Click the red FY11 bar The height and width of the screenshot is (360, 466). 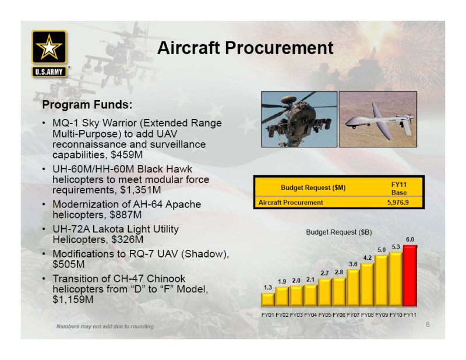(x=410, y=276)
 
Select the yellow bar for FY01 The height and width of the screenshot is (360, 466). (x=268, y=299)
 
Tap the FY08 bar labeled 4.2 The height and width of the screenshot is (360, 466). (x=368, y=285)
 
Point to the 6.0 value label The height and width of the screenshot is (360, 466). (x=410, y=239)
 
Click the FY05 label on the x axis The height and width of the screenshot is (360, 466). (x=325, y=315)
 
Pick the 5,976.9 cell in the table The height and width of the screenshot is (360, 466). (x=398, y=203)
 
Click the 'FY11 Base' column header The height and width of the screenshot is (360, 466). (x=399, y=189)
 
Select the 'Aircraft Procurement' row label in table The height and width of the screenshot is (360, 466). (x=291, y=203)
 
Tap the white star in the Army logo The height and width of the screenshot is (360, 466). (x=49, y=47)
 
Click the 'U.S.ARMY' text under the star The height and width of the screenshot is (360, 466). (x=49, y=72)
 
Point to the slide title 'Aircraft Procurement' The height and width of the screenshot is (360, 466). (x=245, y=48)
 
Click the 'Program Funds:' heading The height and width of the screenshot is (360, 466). (x=87, y=105)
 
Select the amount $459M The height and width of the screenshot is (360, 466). (x=127, y=155)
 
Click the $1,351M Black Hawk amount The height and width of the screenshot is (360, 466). (x=140, y=190)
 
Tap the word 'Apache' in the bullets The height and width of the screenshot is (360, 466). (x=183, y=204)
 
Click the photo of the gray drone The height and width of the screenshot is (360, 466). (x=378, y=119)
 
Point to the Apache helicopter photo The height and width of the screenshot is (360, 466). (x=299, y=119)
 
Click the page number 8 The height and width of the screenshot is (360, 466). (x=428, y=324)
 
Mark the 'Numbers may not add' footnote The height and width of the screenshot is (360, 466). (x=105, y=326)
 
